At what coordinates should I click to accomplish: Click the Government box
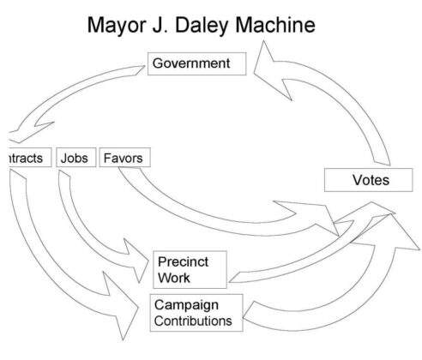coord(197,63)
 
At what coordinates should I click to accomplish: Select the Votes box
coord(370,180)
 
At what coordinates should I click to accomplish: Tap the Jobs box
coord(75,158)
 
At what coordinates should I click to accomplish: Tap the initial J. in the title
coord(172,27)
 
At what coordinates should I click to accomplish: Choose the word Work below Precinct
coord(174,278)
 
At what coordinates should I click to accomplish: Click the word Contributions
coord(193,321)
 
